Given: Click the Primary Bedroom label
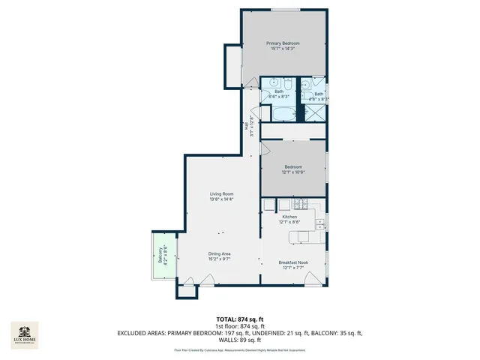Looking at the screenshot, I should click(283, 43).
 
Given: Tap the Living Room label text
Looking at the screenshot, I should click(221, 194).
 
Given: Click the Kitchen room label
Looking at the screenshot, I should click(289, 217).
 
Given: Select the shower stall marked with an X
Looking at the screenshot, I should click(314, 113).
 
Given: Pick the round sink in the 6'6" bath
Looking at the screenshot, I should click(274, 82).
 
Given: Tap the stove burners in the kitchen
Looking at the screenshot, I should click(302, 204).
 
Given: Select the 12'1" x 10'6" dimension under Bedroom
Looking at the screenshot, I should click(292, 172).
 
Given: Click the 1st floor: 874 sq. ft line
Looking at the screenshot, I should click(240, 326).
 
